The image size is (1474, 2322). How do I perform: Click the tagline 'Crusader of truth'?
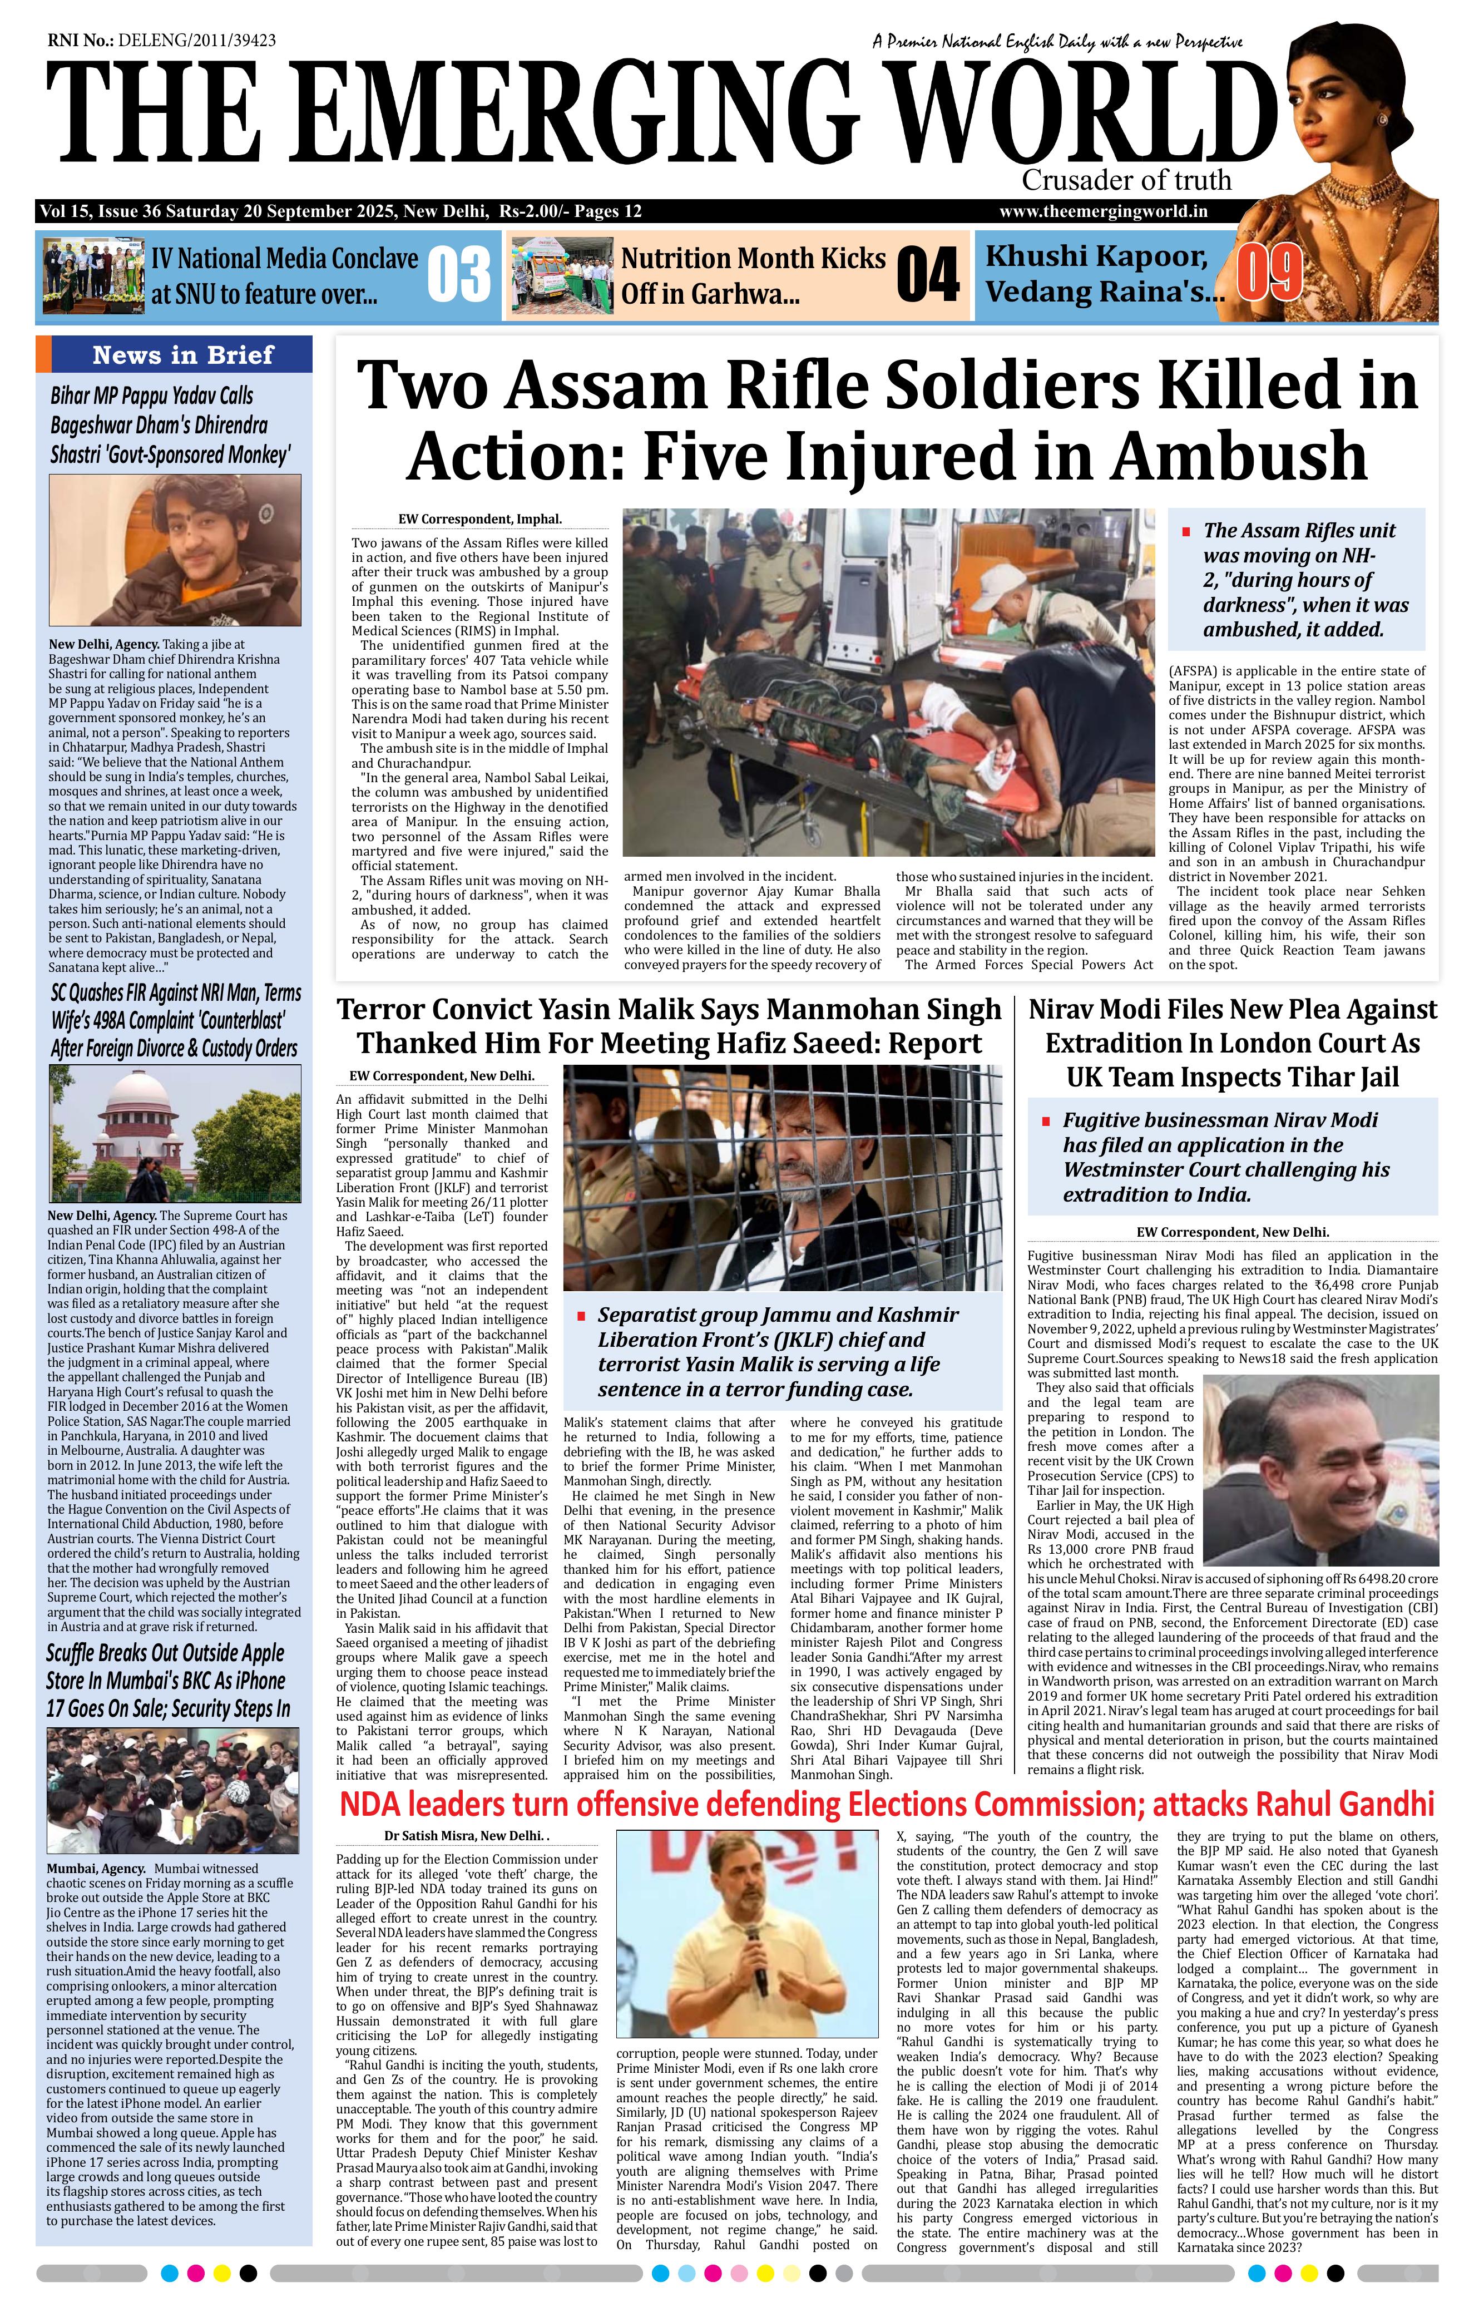coord(1126,180)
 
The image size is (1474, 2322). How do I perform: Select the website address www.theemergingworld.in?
coord(1103,211)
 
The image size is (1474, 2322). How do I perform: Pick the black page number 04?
coord(927,275)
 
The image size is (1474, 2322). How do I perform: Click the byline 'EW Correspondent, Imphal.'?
coord(479,519)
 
